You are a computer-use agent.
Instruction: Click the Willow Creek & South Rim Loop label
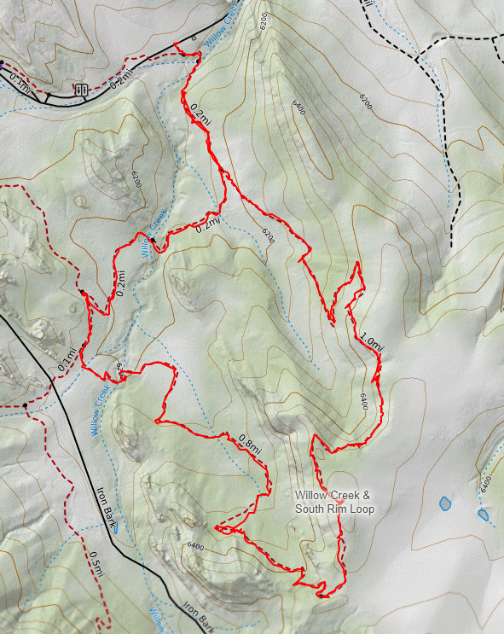click(x=335, y=503)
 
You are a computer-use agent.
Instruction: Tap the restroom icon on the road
click(x=82, y=89)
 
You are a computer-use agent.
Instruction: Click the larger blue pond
click(x=444, y=503)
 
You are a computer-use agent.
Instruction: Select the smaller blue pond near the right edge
click(x=484, y=515)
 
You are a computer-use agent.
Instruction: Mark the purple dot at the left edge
click(x=2, y=63)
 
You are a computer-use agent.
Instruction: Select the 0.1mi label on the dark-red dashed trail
click(x=66, y=359)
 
